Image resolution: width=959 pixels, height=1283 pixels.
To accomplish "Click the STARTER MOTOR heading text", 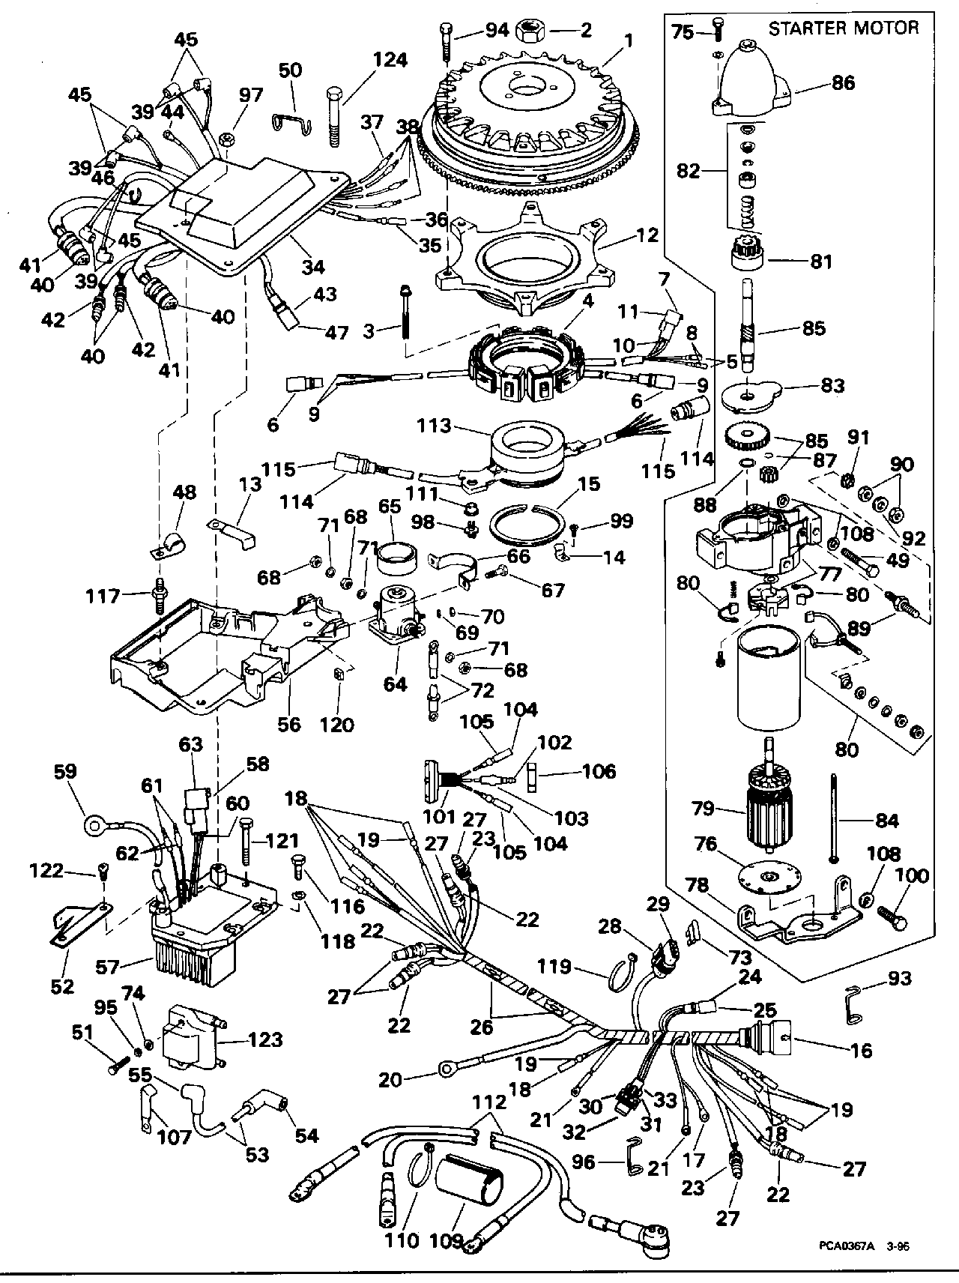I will [x=843, y=28].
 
